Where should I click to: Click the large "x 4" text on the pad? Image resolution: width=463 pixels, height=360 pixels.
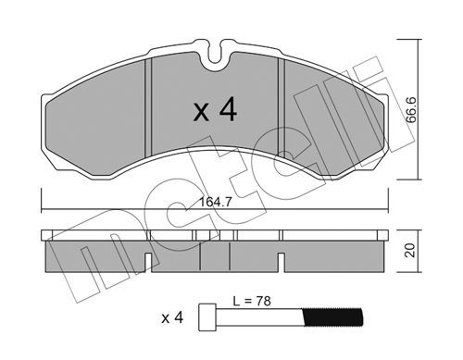click(215, 110)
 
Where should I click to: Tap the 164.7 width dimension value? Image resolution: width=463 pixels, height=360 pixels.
click(215, 203)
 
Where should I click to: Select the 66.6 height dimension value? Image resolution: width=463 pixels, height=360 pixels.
click(411, 110)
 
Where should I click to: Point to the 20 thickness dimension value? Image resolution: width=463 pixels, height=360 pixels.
click(410, 250)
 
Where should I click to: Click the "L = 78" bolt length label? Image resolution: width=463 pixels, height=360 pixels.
click(252, 301)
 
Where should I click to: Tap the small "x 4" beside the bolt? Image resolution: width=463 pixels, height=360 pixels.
click(172, 317)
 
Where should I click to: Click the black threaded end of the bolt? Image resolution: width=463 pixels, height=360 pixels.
click(332, 317)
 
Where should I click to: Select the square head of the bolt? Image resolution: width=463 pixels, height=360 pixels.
click(207, 317)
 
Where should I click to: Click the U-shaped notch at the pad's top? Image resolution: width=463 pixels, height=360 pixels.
click(215, 54)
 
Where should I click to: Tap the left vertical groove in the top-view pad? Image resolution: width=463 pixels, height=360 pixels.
click(148, 108)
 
